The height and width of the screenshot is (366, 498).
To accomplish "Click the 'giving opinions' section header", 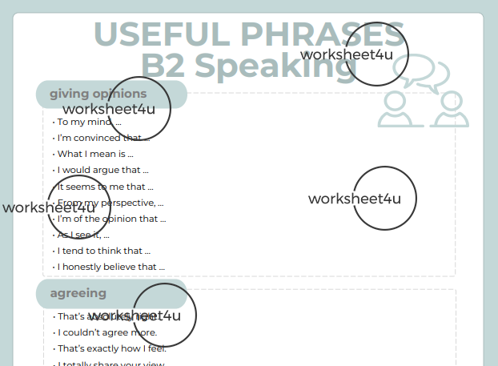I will tap(98, 94).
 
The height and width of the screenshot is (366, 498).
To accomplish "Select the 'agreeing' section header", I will tap(78, 293).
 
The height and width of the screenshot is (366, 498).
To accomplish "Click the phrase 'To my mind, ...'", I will tap(89, 122).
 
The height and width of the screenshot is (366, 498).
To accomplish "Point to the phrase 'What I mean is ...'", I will tap(95, 154).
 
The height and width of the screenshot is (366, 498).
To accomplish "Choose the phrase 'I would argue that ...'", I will tap(103, 170).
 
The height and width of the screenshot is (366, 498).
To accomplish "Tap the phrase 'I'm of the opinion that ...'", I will tap(111, 219).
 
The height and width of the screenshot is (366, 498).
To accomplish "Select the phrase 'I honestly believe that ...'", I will tap(110, 267).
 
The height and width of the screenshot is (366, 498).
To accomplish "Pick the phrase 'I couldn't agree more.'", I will tap(107, 332).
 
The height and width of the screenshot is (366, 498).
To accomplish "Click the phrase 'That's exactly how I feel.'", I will tap(111, 348).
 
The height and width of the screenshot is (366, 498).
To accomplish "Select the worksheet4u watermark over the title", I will tap(347, 54).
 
